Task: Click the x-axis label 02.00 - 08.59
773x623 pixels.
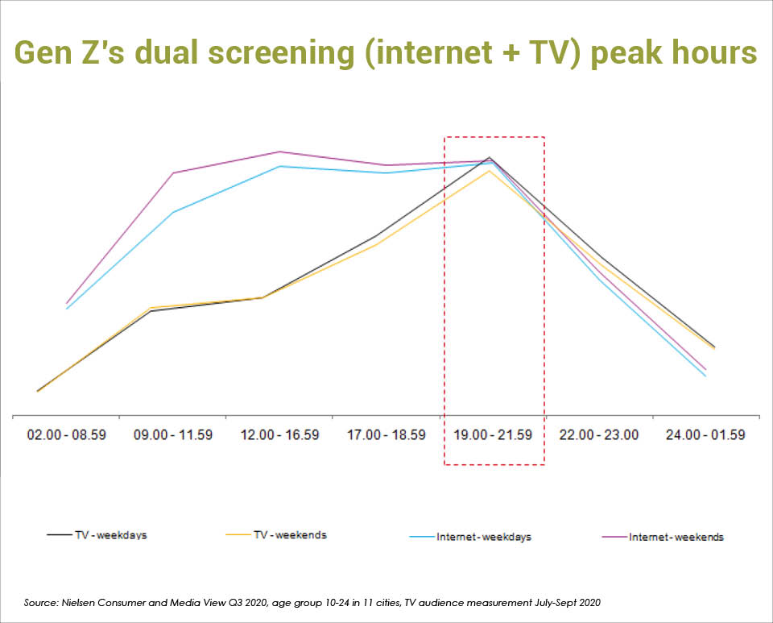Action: (66, 434)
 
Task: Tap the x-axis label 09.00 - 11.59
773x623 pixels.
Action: (173, 434)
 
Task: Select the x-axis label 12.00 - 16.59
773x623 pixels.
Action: (279, 434)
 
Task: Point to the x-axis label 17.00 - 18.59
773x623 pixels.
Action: (386, 434)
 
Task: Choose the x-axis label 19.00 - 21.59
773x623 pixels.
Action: (493, 434)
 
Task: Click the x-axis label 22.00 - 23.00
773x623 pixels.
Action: (599, 434)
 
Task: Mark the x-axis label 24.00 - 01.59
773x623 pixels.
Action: (705, 434)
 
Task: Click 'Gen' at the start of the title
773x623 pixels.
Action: (41, 52)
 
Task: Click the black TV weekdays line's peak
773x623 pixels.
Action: (490, 157)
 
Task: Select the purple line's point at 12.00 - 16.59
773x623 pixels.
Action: (279, 152)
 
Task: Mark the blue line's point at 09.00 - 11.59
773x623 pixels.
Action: (173, 213)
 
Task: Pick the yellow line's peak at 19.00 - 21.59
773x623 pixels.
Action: (488, 170)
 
